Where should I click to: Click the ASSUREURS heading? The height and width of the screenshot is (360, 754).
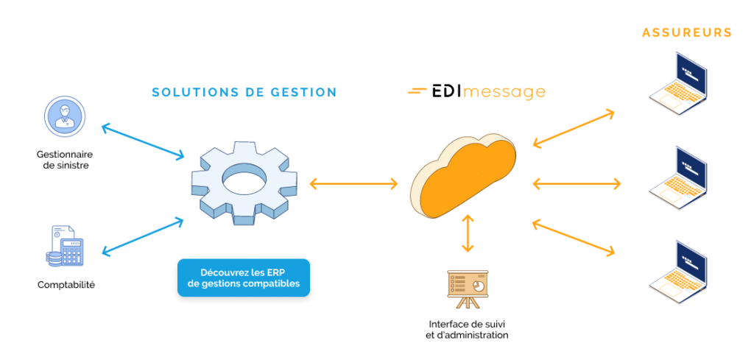point(686,32)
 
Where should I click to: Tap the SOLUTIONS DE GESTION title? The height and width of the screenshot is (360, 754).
point(244,93)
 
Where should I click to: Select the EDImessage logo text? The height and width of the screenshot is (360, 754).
point(477,92)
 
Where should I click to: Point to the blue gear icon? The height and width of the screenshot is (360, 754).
point(244,181)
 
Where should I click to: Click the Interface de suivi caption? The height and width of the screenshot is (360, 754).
point(468,329)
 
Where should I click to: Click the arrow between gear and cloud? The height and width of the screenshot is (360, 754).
point(354,183)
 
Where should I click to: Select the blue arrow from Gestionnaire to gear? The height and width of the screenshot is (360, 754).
point(143,141)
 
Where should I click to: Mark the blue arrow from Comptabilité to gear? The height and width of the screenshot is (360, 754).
point(143,236)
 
